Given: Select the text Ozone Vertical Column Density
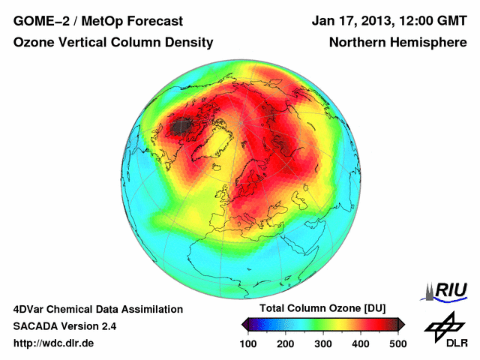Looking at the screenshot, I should [x=112, y=43].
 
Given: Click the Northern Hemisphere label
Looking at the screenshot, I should [x=398, y=43].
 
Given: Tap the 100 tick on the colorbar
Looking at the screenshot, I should [x=248, y=343].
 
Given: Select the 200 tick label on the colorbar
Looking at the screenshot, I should [x=286, y=343].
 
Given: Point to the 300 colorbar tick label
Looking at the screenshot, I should [x=323, y=343].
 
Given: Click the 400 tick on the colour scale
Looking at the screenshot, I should [x=361, y=343].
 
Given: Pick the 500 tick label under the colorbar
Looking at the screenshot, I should [x=397, y=343].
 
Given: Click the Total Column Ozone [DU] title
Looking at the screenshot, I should [x=322, y=309].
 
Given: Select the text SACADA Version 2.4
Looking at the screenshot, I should [x=64, y=326].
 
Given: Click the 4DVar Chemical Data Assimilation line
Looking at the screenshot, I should [x=97, y=309].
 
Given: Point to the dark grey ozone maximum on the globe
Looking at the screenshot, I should [x=178, y=127].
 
